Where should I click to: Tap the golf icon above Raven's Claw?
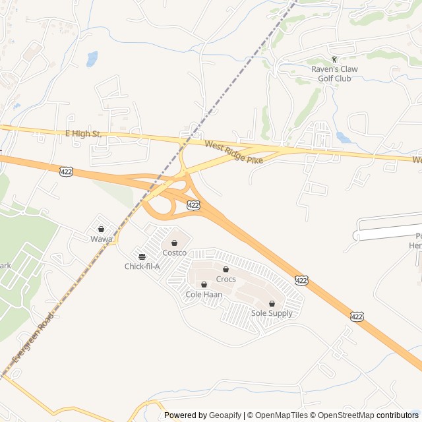(334, 59)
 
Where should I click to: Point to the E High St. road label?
(83, 134)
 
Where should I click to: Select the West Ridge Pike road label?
(233, 152)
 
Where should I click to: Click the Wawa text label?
(102, 239)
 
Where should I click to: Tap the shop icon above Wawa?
(102, 229)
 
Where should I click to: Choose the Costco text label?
(175, 253)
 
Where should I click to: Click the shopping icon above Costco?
(174, 243)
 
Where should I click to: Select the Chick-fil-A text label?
(142, 266)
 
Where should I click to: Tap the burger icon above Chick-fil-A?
(142, 256)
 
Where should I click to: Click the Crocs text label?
(226, 279)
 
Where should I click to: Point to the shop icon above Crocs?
(226, 269)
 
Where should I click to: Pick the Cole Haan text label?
(204, 294)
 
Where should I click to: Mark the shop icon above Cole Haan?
(204, 284)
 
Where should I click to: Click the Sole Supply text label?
(272, 313)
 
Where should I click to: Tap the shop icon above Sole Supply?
(272, 303)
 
